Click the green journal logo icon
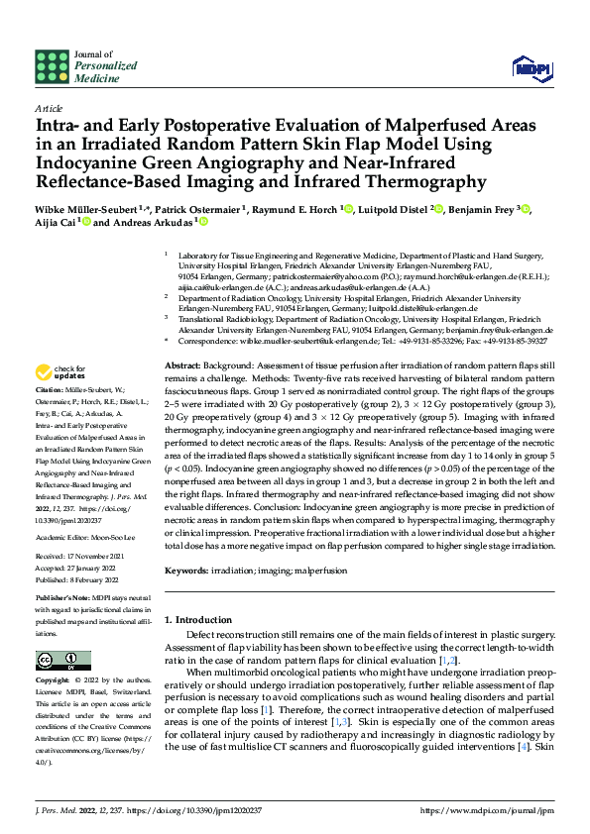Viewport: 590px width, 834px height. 52,64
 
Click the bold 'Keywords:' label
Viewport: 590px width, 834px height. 187,572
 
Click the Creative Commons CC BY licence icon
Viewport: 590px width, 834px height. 59,659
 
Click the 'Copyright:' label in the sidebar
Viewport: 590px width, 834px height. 55,680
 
